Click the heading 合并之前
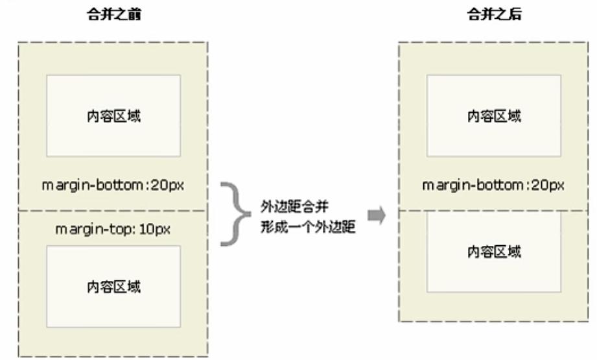click(114, 16)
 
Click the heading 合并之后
click(494, 16)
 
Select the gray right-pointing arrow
click(375, 215)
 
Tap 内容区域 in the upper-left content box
click(114, 116)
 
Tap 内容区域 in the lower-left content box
click(114, 287)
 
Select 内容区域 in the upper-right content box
click(494, 116)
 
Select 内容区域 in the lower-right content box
click(494, 252)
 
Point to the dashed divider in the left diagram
click(114, 211)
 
